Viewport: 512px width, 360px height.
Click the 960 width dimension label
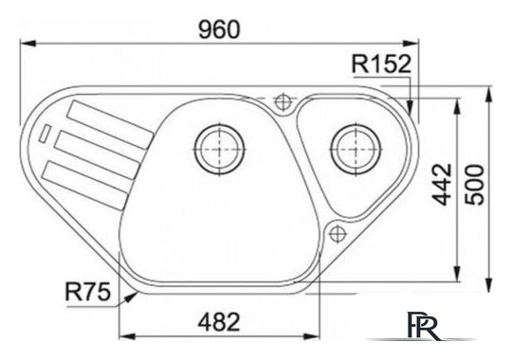219,29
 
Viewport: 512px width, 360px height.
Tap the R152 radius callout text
381,64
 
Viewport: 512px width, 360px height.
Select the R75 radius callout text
88,292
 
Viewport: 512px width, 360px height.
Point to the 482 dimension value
219,322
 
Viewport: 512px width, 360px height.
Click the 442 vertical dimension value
442,185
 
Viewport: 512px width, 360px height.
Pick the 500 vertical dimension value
475,185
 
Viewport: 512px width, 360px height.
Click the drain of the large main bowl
219,150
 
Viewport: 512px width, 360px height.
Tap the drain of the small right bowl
356,150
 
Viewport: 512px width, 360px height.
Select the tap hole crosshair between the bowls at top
283,102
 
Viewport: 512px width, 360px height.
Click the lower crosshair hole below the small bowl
338,234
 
